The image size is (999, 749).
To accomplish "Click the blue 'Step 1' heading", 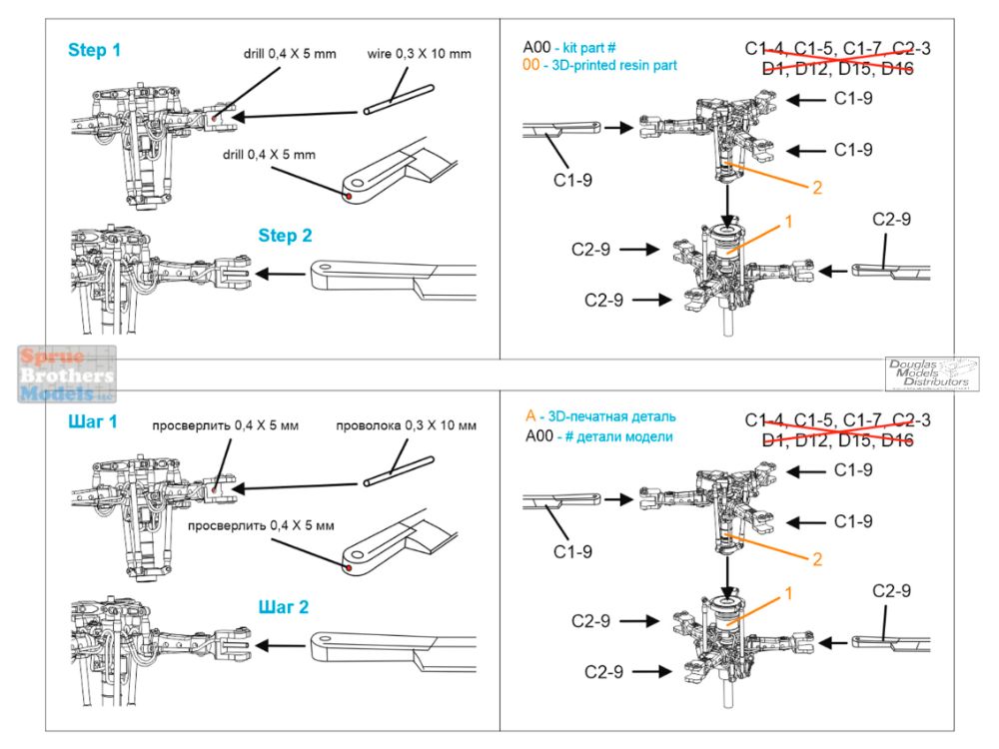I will [95, 49].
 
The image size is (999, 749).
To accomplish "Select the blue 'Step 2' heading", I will [286, 236].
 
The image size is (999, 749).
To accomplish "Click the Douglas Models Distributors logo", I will [931, 374].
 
